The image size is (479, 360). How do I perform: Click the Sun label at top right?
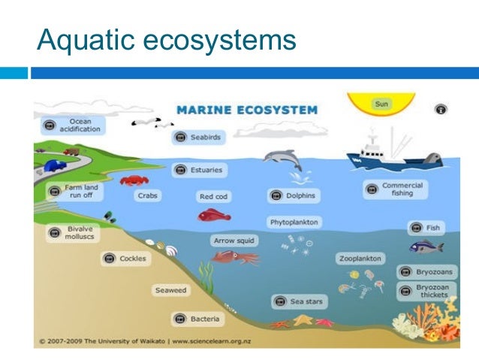pyautogui.click(x=381, y=104)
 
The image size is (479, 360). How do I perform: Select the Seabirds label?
pyautogui.click(x=198, y=137)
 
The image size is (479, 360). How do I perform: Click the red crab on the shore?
pyautogui.click(x=134, y=180)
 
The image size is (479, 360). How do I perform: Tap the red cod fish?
pyautogui.click(x=213, y=216)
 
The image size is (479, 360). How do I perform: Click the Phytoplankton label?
pyautogui.click(x=294, y=222)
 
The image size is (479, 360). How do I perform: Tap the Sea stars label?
pyautogui.click(x=299, y=302)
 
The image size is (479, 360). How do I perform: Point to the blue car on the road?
pyautogui.click(x=55, y=165)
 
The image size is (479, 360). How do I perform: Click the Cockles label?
pyautogui.click(x=125, y=259)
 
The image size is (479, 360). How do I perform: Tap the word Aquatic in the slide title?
pyautogui.click(x=80, y=39)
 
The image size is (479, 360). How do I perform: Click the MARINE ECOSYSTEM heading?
pyautogui.click(x=247, y=110)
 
